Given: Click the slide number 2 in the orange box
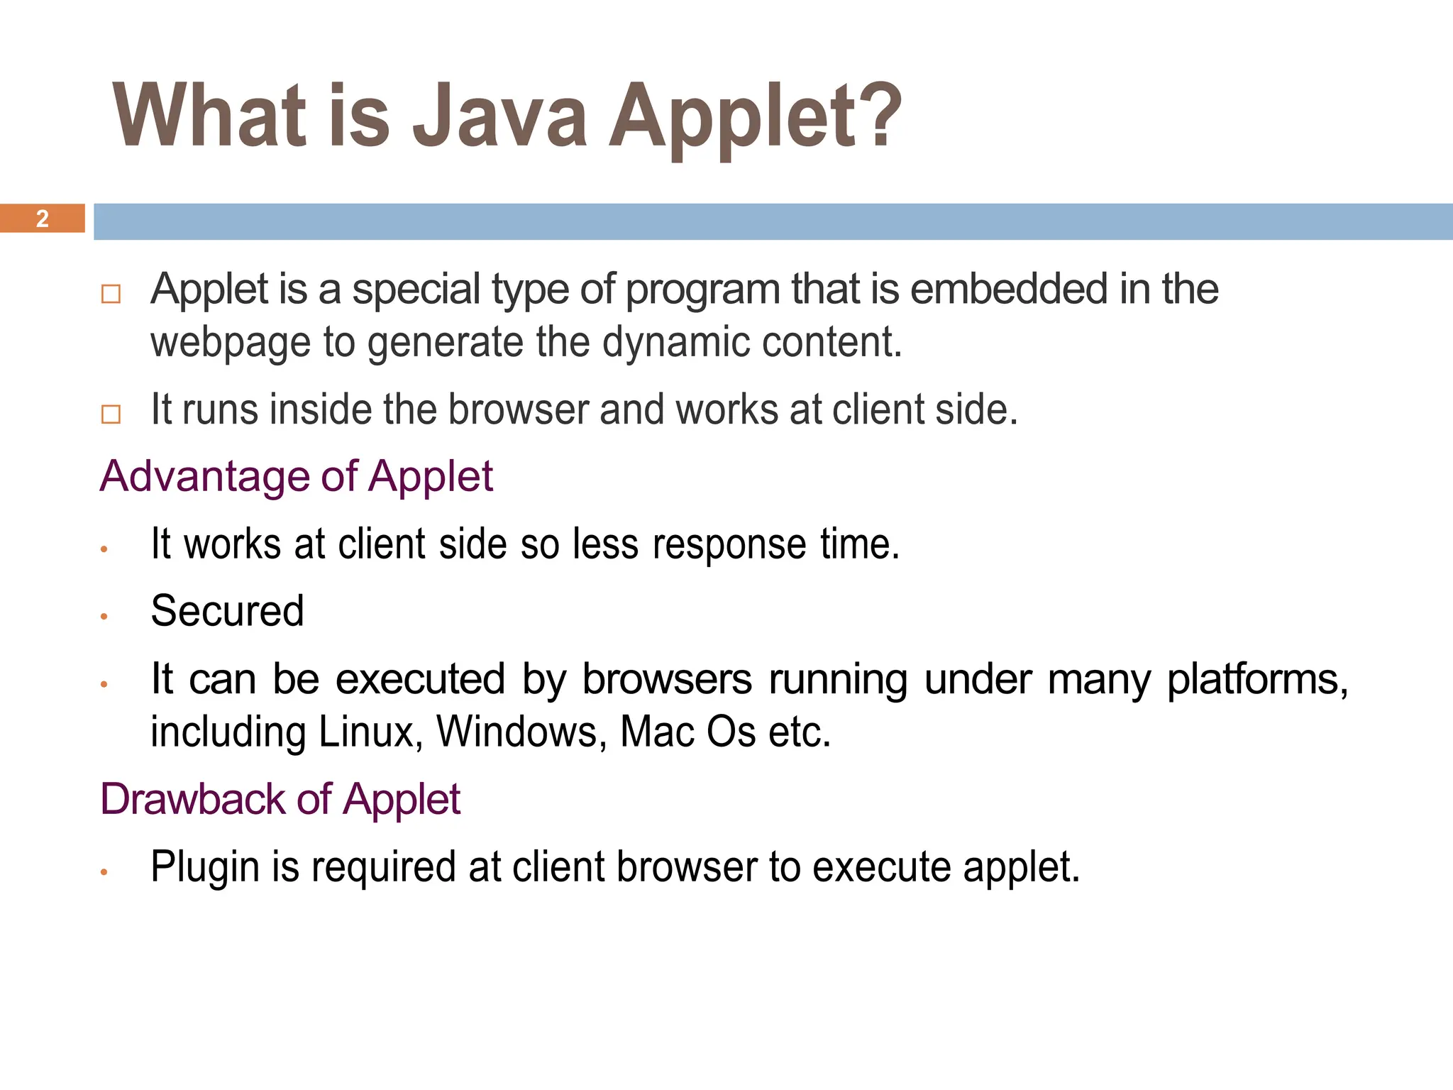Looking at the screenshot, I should coord(43,219).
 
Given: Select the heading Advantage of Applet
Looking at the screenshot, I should coord(296,476).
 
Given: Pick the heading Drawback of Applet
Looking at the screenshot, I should coord(280,799).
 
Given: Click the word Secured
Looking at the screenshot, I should coord(227,611).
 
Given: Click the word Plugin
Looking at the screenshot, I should coord(205,867).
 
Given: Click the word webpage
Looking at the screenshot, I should coord(231,343).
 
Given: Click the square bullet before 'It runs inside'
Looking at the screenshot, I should coord(111,414).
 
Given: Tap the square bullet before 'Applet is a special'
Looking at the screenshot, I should coord(111,294).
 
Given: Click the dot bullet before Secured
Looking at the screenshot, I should coord(104,617).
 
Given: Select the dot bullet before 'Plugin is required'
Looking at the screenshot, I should coord(104,872).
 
